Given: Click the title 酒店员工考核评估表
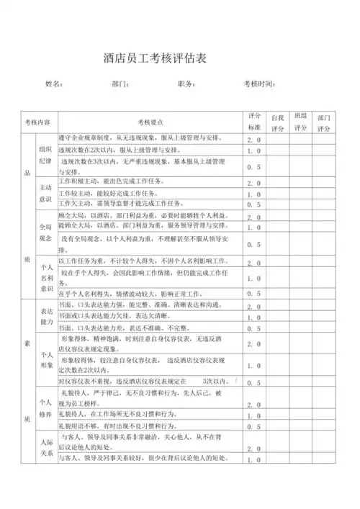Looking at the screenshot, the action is tap(155, 58).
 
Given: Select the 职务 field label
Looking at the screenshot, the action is tap(186, 85).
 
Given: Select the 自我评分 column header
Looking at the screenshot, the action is tap(278, 122).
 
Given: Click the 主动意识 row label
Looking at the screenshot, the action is tap(45, 193).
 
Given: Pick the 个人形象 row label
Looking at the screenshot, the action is tap(45, 361).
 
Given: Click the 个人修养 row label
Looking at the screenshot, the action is tap(45, 409).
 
